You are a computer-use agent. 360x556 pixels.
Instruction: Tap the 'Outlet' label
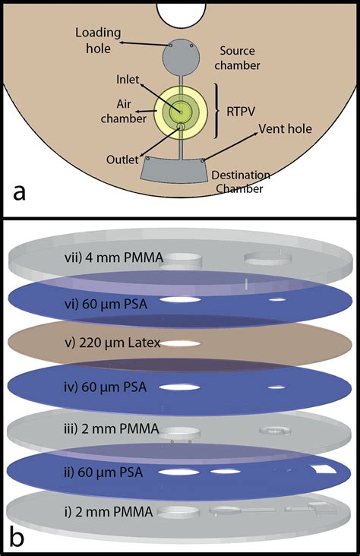[124, 160]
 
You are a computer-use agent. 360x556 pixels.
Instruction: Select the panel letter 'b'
[24, 535]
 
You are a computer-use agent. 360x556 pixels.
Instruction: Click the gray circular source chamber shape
[182, 55]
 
